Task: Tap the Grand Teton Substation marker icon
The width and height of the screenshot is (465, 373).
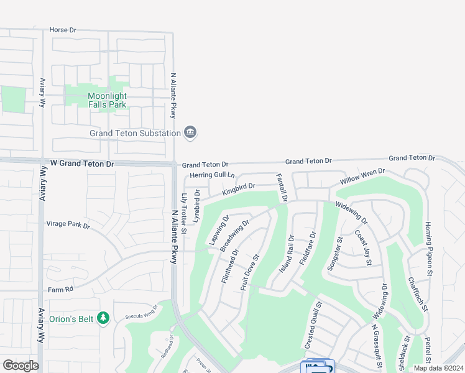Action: (x=191, y=132)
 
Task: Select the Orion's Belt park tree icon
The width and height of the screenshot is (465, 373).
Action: (x=103, y=318)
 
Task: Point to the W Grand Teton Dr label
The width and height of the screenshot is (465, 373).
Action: (x=82, y=164)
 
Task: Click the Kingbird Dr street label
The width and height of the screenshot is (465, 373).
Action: (x=239, y=187)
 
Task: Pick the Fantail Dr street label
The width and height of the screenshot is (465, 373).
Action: (x=280, y=187)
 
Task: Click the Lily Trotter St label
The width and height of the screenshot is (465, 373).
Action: (x=184, y=213)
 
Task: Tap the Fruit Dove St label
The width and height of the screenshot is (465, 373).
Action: (x=249, y=272)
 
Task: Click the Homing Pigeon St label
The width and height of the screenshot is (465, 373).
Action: (x=428, y=248)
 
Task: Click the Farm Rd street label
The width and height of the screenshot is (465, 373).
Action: (x=60, y=289)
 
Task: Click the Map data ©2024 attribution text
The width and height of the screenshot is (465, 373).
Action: (x=438, y=368)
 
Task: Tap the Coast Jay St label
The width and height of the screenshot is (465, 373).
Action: (x=363, y=247)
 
